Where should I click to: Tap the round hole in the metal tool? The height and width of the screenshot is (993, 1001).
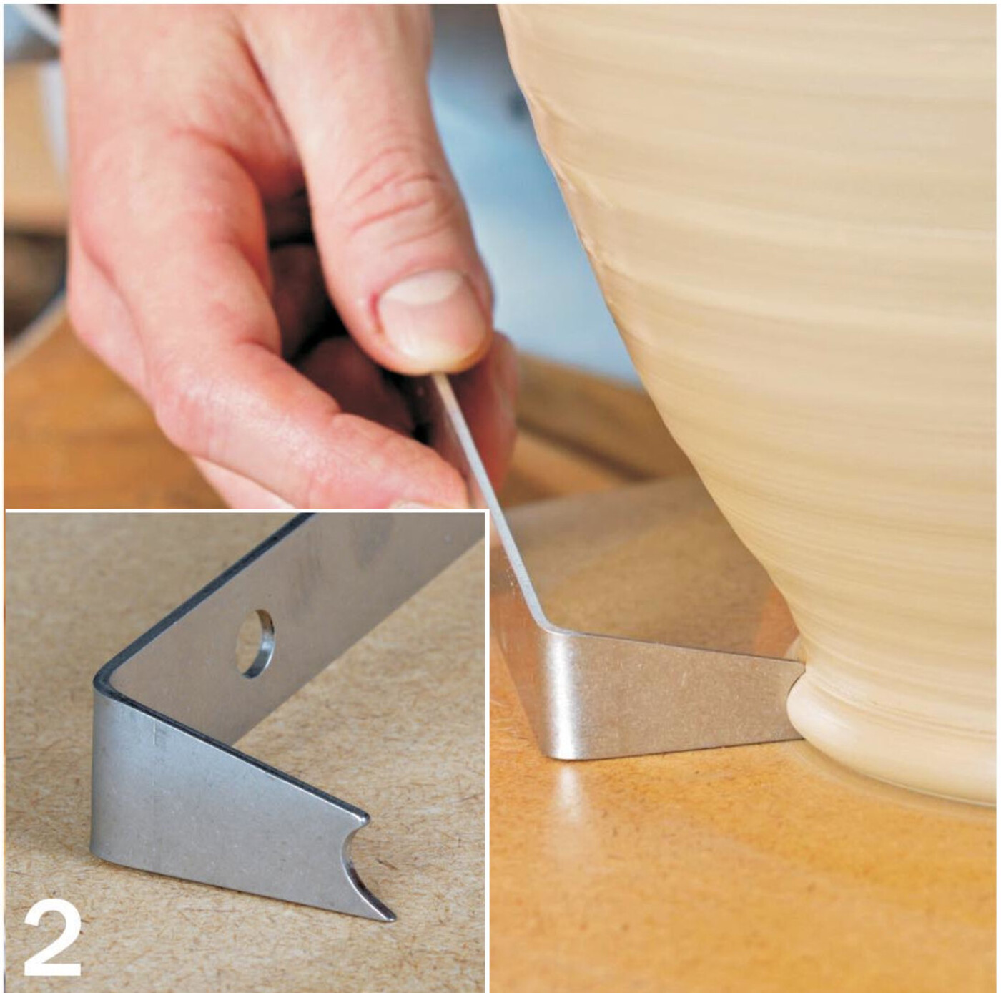pos(255,644)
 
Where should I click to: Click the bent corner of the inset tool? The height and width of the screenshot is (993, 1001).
pos(104,681)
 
